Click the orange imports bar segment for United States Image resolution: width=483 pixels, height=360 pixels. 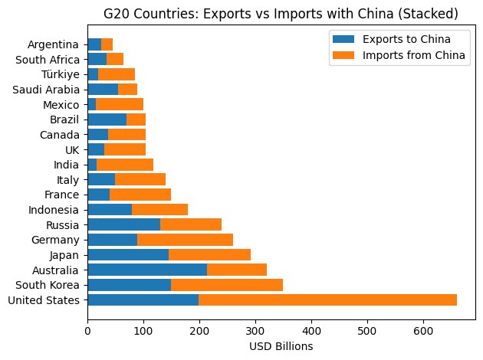327,299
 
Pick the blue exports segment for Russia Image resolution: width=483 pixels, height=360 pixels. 123,224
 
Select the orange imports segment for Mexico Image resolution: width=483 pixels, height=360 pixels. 120,104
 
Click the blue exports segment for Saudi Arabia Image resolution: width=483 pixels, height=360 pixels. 103,89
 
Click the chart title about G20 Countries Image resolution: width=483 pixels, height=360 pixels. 281,12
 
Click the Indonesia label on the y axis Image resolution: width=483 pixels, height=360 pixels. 54,209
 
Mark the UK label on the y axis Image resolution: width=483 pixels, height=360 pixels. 73,149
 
